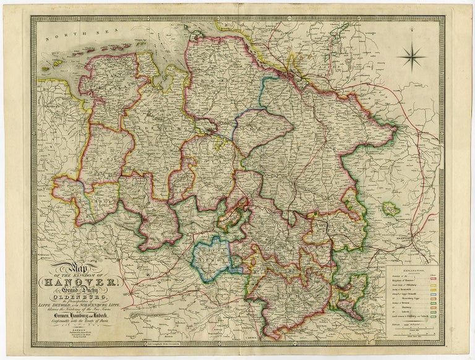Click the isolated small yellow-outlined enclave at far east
(391, 210)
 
